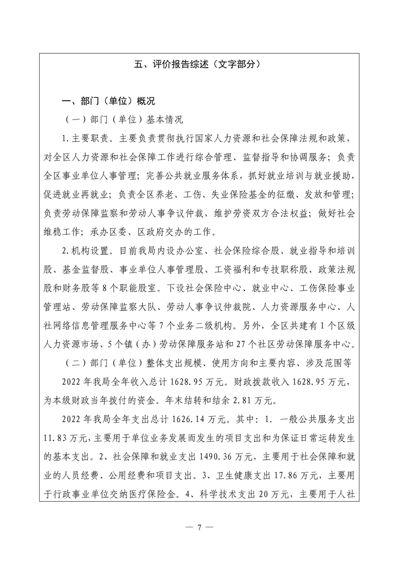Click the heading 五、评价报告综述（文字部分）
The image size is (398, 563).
click(199, 64)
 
